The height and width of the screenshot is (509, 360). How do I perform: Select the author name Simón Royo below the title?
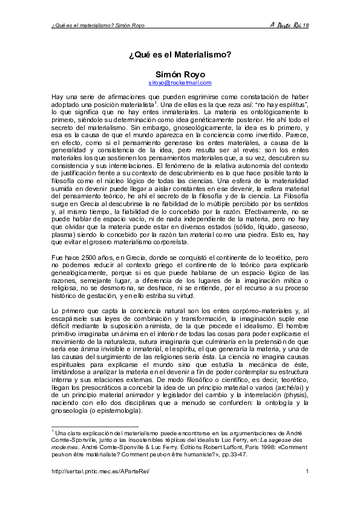(x=180, y=74)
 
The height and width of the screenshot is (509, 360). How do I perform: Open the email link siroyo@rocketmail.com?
(x=180, y=82)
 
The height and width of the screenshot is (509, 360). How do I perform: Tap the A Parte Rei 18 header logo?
(x=289, y=25)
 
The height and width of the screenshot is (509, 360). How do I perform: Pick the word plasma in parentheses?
(x=63, y=234)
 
